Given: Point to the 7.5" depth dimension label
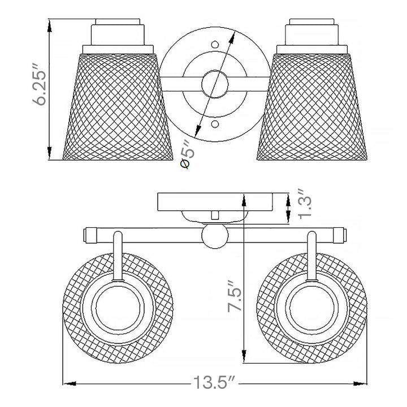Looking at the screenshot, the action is click(235, 296).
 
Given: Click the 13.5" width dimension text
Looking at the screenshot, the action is click(214, 382).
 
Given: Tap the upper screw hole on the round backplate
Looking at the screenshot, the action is click(215, 45).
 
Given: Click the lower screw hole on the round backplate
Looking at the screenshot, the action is click(214, 124).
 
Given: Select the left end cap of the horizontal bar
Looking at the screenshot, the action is click(90, 235).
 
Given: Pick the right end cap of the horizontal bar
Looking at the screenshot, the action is click(340, 235).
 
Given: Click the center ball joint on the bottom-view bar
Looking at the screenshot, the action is click(215, 236).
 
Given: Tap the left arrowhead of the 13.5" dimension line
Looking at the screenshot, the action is click(70, 383).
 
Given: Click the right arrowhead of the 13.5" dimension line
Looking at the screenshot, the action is click(360, 383).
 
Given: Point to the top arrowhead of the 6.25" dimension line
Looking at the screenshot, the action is click(49, 26).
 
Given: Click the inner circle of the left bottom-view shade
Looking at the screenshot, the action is click(118, 308).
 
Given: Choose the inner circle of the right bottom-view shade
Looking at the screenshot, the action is click(312, 308).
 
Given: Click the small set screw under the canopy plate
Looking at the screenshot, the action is click(215, 215).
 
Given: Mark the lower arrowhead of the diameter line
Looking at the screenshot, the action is click(198, 131).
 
